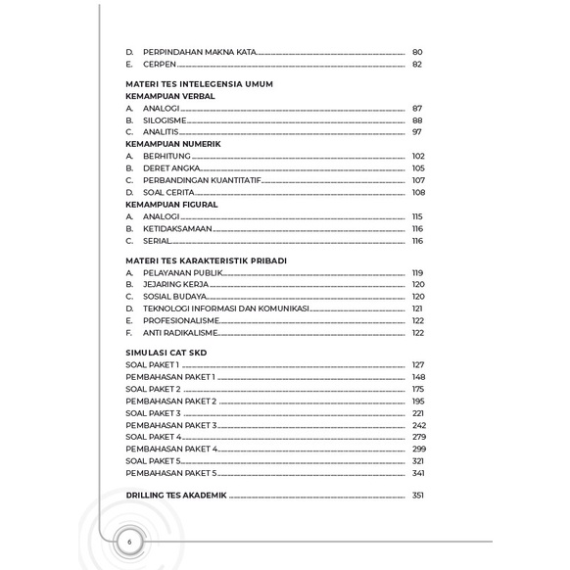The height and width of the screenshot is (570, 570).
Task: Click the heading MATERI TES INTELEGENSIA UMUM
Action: (199, 84)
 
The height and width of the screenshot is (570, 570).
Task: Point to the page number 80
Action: (417, 51)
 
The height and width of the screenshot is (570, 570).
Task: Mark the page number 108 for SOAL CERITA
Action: (418, 192)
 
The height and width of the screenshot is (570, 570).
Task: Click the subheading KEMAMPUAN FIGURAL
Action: (171, 204)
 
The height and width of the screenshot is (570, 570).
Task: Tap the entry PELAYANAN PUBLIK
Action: (183, 272)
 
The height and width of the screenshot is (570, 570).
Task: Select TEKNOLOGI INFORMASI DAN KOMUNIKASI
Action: (226, 308)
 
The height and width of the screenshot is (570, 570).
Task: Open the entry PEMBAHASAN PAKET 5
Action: (171, 473)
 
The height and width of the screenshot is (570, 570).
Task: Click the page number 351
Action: (418, 496)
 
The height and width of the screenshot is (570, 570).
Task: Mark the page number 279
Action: (418, 437)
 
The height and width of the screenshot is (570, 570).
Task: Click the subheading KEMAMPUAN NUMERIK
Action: (173, 144)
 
